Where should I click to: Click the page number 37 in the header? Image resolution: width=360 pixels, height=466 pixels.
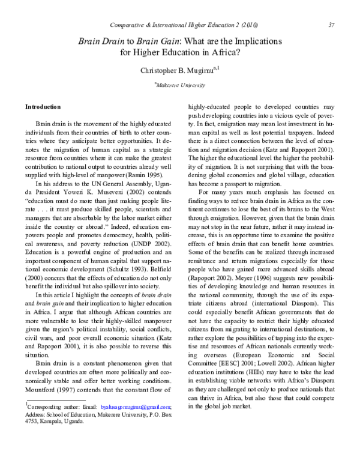coord(331,25)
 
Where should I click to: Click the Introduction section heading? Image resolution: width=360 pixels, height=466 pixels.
coord(43,107)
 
